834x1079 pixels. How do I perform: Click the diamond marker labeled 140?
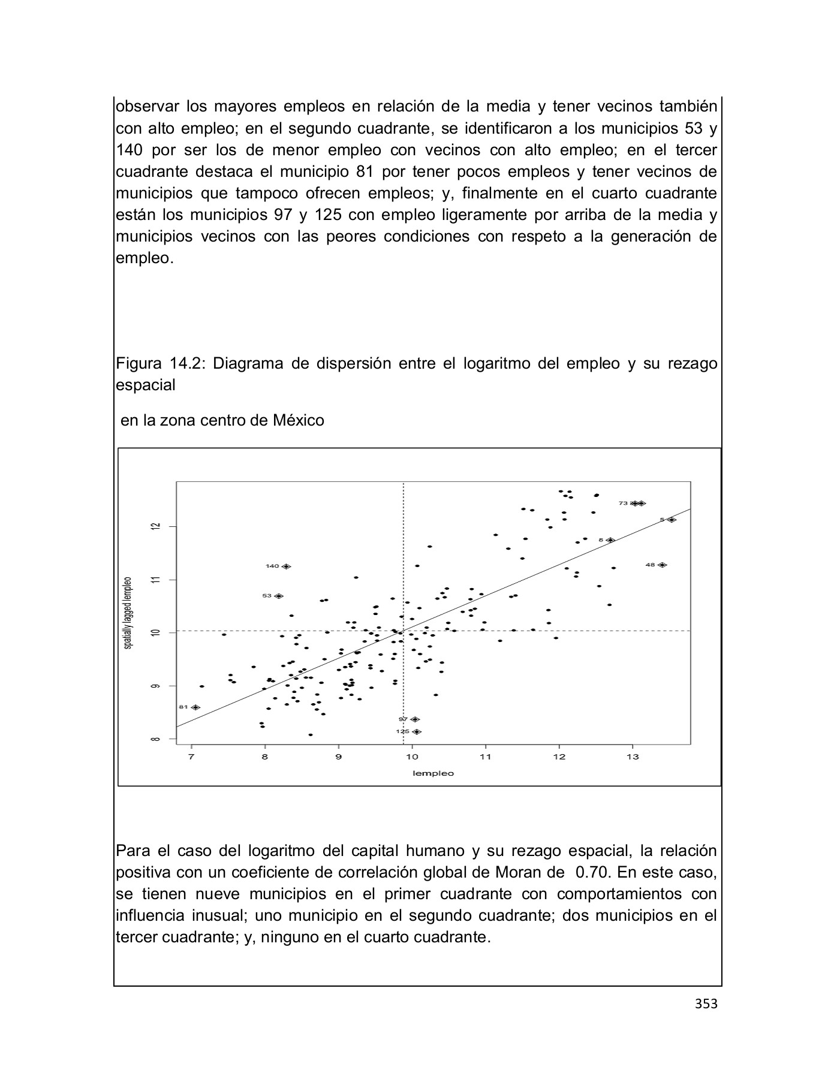coord(287,566)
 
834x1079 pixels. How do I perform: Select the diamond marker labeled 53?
coord(279,596)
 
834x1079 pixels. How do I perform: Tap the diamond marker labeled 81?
coord(195,707)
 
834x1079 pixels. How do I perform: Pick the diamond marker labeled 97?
coord(415,719)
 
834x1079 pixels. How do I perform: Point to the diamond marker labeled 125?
coord(417,732)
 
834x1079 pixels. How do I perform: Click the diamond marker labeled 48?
coord(663,565)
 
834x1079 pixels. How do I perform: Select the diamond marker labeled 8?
coord(610,540)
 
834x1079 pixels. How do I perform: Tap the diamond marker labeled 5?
coord(672,520)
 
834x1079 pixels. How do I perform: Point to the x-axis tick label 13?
coord(633,757)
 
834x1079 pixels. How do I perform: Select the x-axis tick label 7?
coord(191,757)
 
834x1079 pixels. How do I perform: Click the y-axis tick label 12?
coord(156,526)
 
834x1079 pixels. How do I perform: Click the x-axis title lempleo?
coord(433,773)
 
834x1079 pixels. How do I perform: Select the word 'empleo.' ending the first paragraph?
coord(144,258)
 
